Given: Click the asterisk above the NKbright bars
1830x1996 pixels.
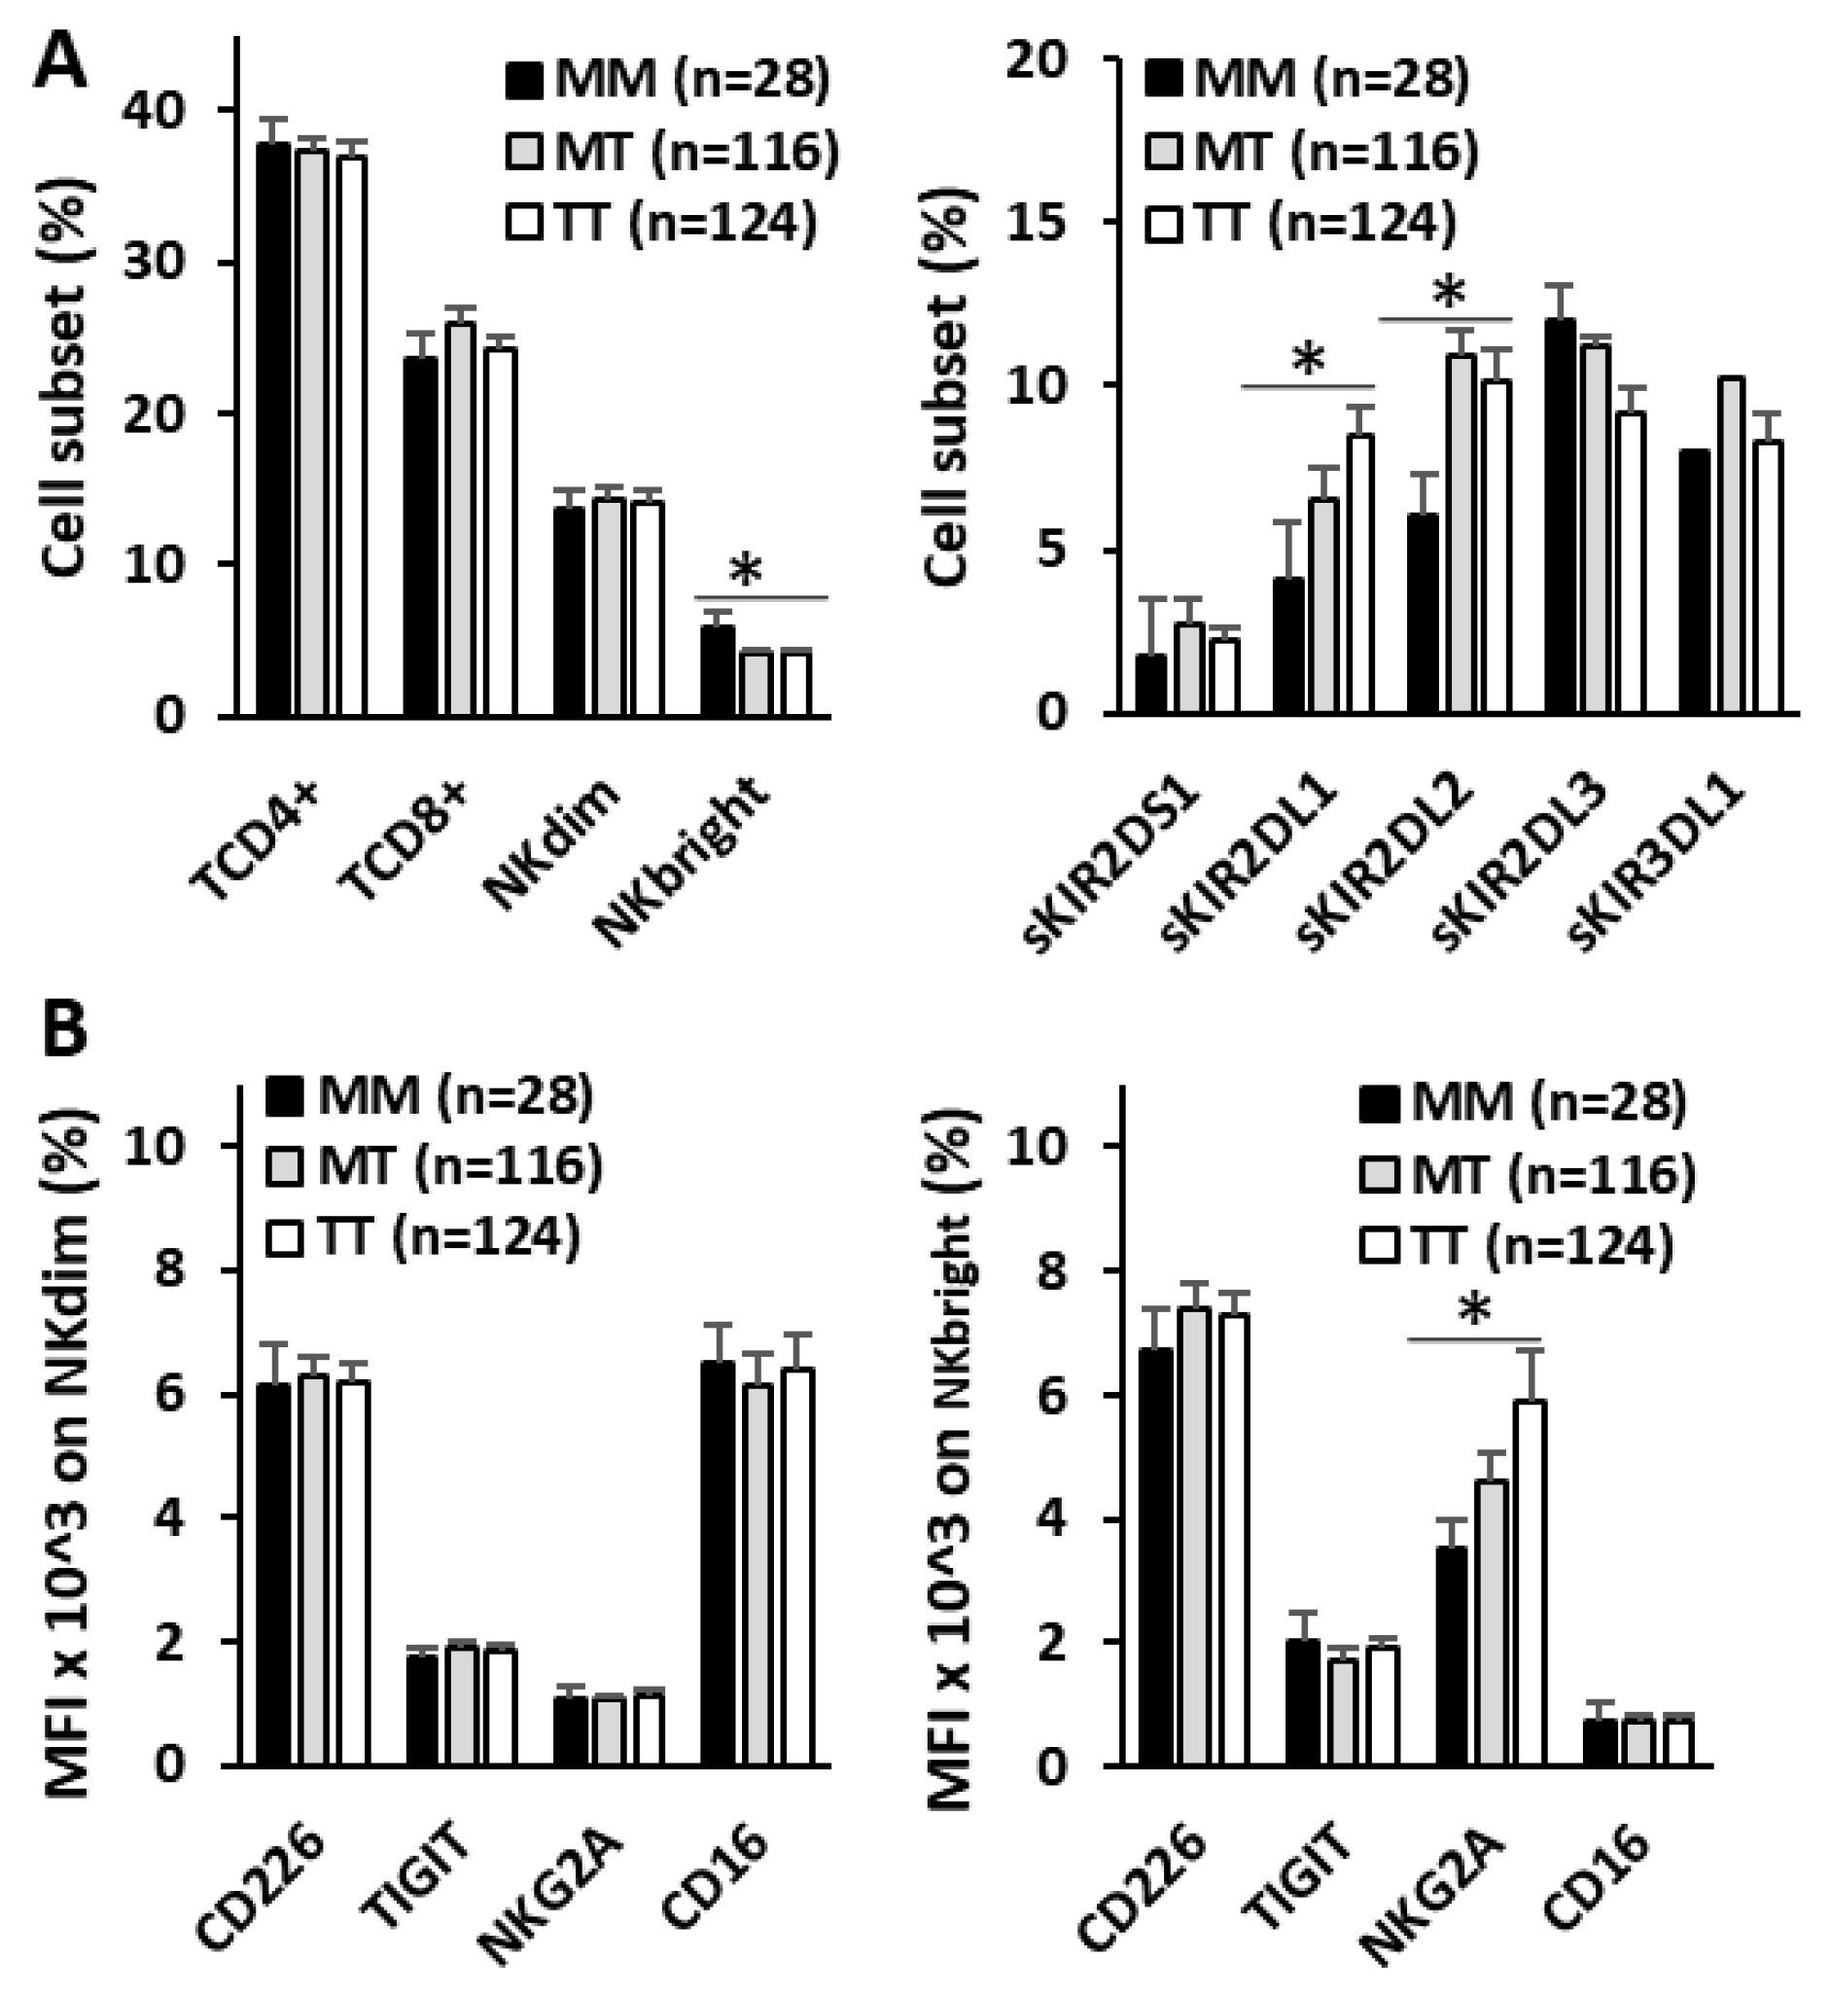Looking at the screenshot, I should point(745,572).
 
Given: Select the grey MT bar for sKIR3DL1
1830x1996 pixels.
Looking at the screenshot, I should point(1731,546).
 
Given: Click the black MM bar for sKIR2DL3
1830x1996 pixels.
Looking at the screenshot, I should point(1560,516).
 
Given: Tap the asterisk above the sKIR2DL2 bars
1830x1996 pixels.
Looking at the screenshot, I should point(1448,293).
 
